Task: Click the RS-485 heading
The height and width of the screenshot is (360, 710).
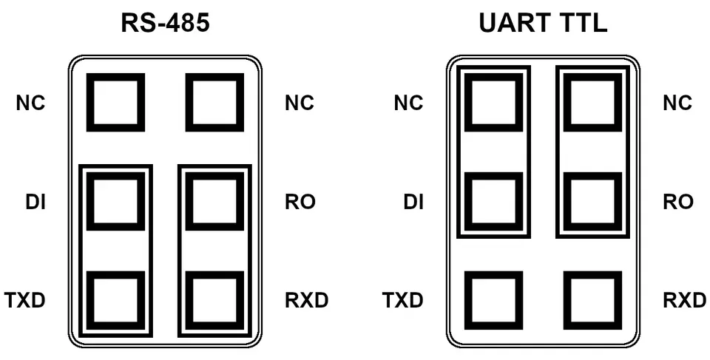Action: pos(165,23)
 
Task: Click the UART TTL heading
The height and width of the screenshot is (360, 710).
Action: pos(543,23)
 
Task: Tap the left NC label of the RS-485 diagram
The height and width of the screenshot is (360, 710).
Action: pos(31,103)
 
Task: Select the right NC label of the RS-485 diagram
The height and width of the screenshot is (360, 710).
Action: pos(300,103)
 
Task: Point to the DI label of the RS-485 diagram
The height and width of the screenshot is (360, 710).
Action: pos(35,202)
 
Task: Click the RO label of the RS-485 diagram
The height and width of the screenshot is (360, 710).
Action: pos(300,202)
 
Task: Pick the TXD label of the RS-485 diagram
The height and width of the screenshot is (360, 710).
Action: pos(25,300)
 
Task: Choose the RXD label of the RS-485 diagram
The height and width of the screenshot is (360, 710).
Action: pos(306,300)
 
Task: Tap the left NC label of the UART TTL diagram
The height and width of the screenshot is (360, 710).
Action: pos(409,103)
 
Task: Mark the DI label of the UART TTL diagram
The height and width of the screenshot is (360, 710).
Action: pos(414,202)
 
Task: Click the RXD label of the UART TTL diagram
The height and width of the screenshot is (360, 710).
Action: pos(685,300)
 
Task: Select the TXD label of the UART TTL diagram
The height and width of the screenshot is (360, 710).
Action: pos(403,300)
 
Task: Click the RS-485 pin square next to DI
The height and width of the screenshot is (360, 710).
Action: pos(116,202)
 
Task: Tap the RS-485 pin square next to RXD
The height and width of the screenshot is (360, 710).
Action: pos(214,300)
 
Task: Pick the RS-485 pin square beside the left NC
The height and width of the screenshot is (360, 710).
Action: pos(116,103)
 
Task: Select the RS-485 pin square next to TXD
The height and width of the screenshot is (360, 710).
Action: pos(116,300)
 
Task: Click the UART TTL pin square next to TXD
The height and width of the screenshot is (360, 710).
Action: pos(494,300)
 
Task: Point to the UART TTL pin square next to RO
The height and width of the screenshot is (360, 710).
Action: pos(592,202)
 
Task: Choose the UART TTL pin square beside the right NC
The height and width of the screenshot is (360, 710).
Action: pos(592,103)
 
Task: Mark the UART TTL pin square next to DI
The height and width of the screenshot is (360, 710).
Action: pos(494,202)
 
